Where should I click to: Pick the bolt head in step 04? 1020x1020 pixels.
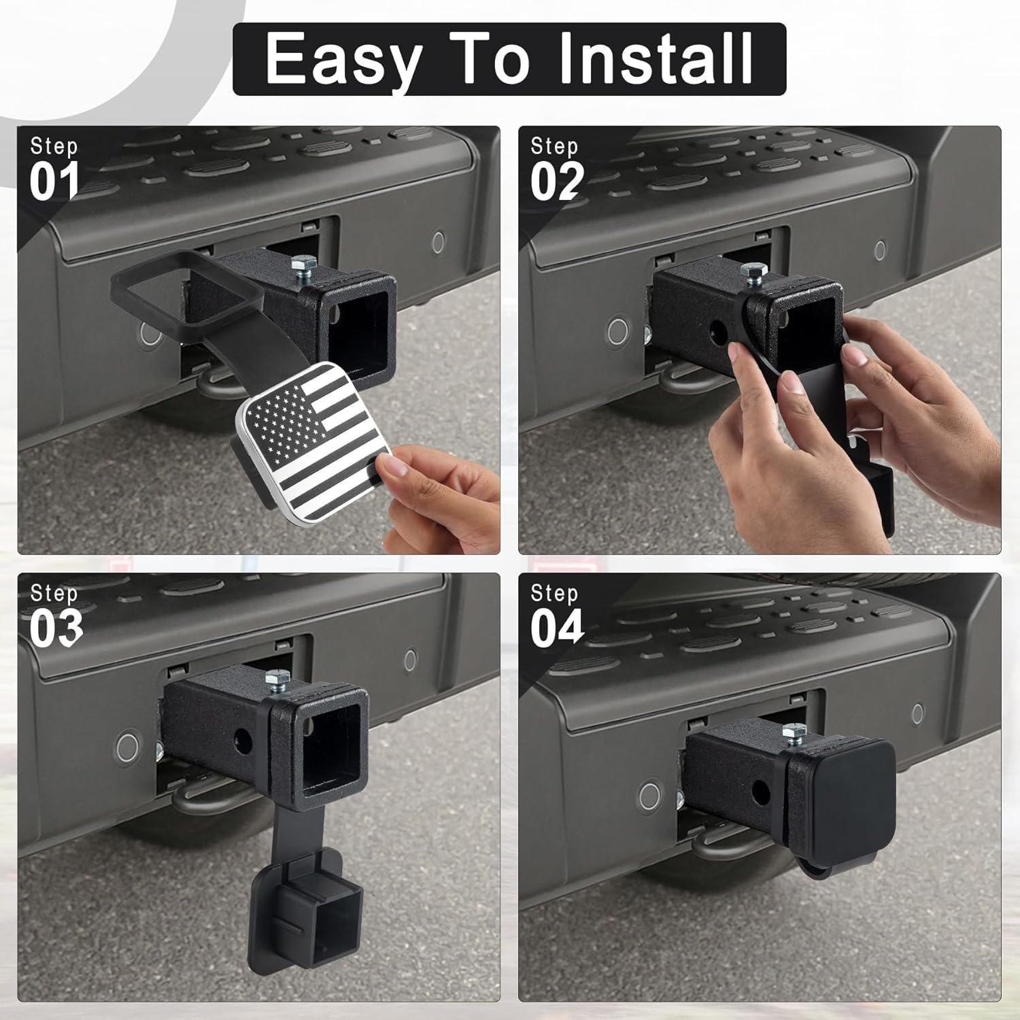tap(792, 732)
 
